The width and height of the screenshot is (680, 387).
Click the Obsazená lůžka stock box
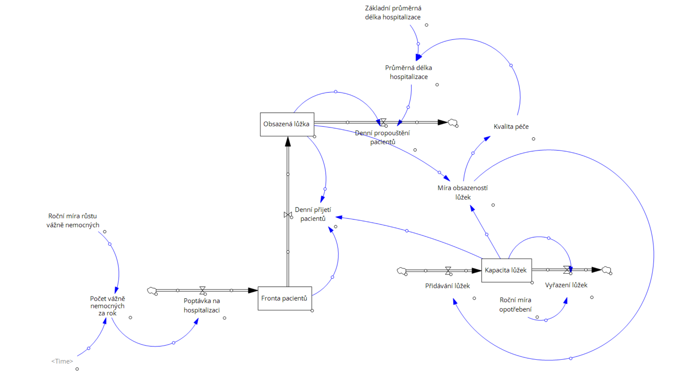click(x=287, y=124)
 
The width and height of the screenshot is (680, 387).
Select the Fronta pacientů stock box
click(x=284, y=298)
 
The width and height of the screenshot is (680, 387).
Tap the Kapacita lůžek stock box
click(x=506, y=270)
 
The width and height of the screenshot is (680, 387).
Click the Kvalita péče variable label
click(x=511, y=127)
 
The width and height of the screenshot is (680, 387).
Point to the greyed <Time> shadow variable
click(x=62, y=361)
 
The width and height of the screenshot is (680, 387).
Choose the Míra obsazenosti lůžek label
click(x=463, y=193)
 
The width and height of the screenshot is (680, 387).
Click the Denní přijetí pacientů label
click(x=313, y=214)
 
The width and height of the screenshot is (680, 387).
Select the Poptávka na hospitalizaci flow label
click(x=202, y=306)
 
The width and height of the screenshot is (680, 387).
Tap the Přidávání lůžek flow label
click(x=447, y=286)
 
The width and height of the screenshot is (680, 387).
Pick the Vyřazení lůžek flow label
click(x=566, y=285)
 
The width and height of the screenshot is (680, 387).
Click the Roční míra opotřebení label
click(x=515, y=305)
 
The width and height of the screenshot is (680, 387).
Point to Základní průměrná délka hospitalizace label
click(x=393, y=13)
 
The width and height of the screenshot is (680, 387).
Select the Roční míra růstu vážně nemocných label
click(x=73, y=221)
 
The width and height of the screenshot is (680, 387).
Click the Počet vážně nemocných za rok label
click(x=107, y=306)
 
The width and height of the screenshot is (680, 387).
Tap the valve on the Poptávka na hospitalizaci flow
click(x=202, y=290)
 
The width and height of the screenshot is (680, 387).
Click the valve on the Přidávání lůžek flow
click(x=448, y=271)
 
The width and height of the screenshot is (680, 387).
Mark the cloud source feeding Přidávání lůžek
click(x=401, y=271)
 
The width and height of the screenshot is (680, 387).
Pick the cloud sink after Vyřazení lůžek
click(x=606, y=270)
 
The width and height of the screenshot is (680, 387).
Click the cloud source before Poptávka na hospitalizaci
click(x=152, y=290)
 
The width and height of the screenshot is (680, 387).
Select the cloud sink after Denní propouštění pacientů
click(x=453, y=123)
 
